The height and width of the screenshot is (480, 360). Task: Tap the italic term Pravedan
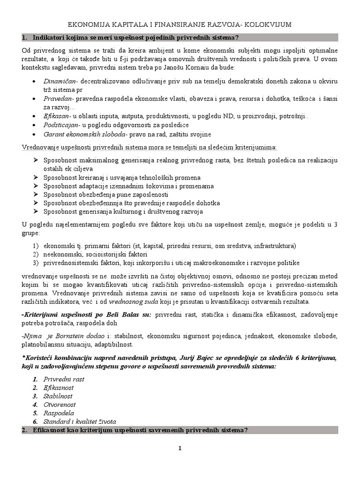pyautogui.click(x=57, y=98)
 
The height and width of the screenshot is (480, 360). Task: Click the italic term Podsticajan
pyautogui.click(x=60, y=125)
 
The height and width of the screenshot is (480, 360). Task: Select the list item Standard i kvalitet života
pyautogui.click(x=80, y=421)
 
